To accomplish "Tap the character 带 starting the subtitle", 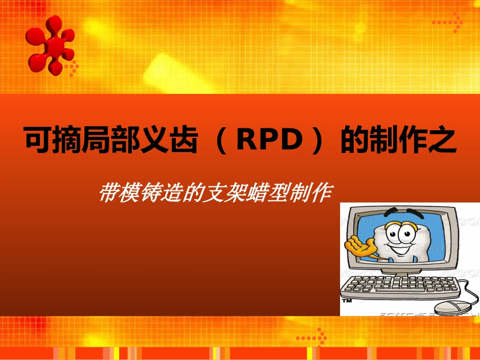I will [108, 193].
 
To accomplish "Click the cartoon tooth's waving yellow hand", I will [359, 246].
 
